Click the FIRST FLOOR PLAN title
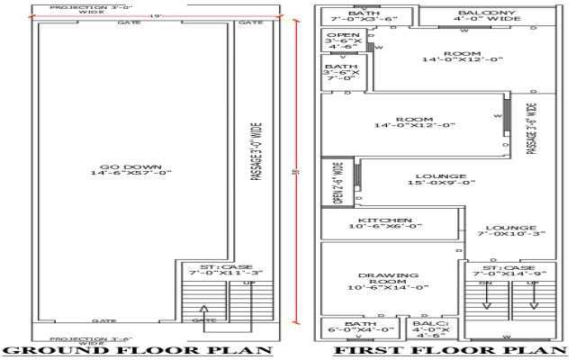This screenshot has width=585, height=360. (x=451, y=351)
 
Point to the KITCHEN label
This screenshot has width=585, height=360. (x=385, y=224)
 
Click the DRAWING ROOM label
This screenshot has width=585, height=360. (x=388, y=281)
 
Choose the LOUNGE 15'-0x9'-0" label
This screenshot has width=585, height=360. (x=441, y=180)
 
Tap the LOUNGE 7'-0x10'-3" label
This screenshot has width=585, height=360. (x=510, y=232)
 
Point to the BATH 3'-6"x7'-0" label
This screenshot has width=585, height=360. (x=341, y=71)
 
